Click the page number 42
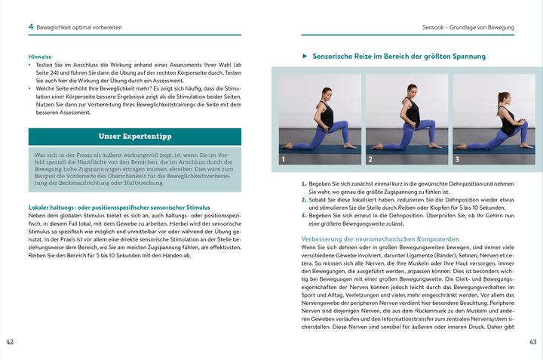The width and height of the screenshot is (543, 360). tap(10, 342)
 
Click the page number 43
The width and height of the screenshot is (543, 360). tap(533, 342)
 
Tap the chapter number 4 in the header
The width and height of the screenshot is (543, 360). tap(30, 26)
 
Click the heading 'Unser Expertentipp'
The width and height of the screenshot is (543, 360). tap(135, 137)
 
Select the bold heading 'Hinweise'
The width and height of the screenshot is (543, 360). tap(41, 56)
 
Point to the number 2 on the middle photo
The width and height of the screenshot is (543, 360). tap(370, 160)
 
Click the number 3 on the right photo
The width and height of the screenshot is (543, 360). tap(457, 160)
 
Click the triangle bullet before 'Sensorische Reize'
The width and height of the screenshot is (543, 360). tap(304, 57)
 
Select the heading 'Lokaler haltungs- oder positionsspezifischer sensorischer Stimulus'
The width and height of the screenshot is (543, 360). tap(119, 207)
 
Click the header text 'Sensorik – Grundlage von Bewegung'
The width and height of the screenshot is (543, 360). tap(468, 27)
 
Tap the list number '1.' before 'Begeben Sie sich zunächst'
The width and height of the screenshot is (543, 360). tap(304, 184)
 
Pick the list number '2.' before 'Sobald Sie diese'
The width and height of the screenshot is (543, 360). tap(304, 200)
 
